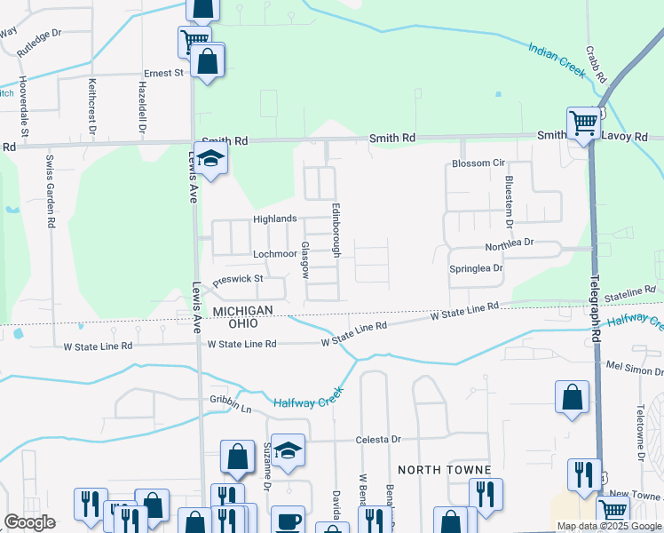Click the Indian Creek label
(x=557, y=60)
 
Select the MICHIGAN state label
(x=241, y=309)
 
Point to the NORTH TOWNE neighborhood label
(x=431, y=469)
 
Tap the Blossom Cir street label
(x=478, y=163)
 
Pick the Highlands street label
(x=274, y=219)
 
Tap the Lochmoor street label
(x=275, y=253)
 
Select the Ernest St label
(x=163, y=72)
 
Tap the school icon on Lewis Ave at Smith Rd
(x=210, y=159)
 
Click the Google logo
(x=29, y=522)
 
